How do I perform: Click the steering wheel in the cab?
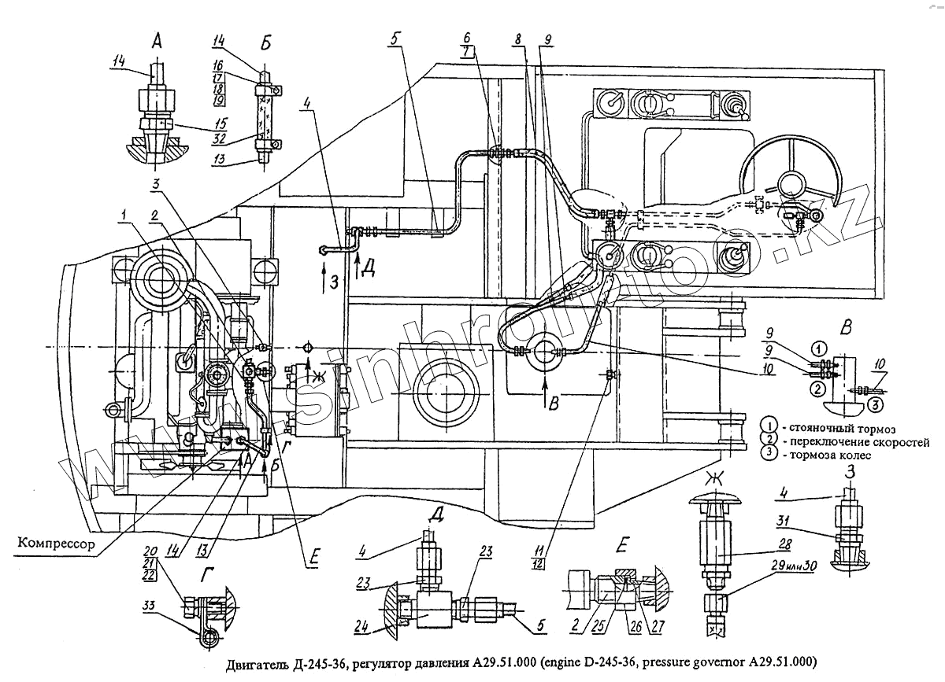pos(788,182)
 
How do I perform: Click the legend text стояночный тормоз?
pos(843,428)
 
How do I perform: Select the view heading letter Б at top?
pos(265,43)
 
